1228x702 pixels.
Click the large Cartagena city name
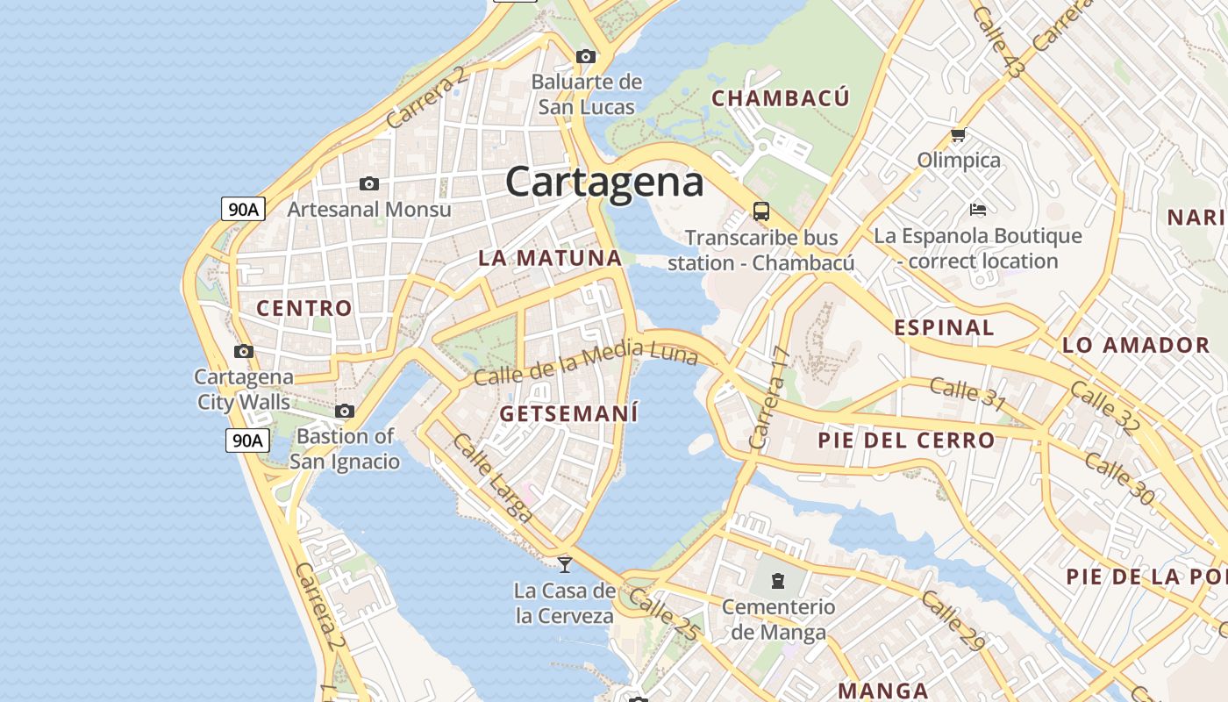click(604, 183)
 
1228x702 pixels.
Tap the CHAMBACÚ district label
click(780, 98)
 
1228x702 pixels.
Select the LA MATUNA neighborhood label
click(550, 258)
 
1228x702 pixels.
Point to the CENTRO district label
click(303, 308)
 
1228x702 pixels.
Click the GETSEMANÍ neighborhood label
click(568, 413)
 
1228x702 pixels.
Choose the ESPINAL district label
click(944, 328)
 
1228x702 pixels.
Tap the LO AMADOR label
click(1136, 345)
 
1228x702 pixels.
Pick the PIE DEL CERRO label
click(906, 441)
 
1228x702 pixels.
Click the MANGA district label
click(883, 691)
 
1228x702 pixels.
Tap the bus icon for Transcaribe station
click(760, 211)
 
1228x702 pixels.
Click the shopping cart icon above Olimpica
click(958, 135)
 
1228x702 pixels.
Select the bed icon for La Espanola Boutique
click(978, 210)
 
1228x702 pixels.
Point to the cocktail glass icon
click(565, 564)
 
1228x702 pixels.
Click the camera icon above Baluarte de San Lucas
click(585, 57)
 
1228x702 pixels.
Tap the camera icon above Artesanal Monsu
click(369, 183)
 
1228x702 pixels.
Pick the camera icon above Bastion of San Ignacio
click(345, 411)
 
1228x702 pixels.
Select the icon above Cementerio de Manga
click(777, 580)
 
